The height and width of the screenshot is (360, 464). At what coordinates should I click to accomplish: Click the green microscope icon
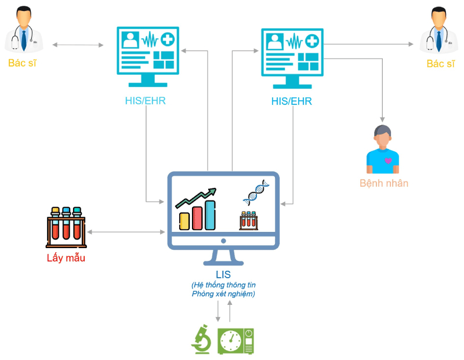coord(201,340)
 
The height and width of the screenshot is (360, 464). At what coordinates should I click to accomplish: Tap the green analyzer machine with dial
coord(235,341)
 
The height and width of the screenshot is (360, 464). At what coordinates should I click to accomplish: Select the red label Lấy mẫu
coord(66,258)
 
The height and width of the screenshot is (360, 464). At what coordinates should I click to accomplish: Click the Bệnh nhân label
coord(384,183)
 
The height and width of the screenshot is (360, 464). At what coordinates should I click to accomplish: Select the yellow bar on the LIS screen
coord(184,220)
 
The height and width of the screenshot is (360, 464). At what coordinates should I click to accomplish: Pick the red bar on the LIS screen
coord(197,217)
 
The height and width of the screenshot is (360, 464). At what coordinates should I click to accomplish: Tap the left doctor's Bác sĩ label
coord(22,63)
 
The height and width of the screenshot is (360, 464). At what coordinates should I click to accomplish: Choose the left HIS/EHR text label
coord(146,101)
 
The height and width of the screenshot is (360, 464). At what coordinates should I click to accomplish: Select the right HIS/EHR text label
coord(292,101)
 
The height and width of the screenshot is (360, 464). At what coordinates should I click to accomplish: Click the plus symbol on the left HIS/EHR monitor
coord(168,41)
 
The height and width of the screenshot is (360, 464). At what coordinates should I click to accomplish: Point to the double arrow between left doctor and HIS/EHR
coord(77,45)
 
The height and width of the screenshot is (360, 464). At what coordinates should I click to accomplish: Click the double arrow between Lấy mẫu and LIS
coord(125,232)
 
